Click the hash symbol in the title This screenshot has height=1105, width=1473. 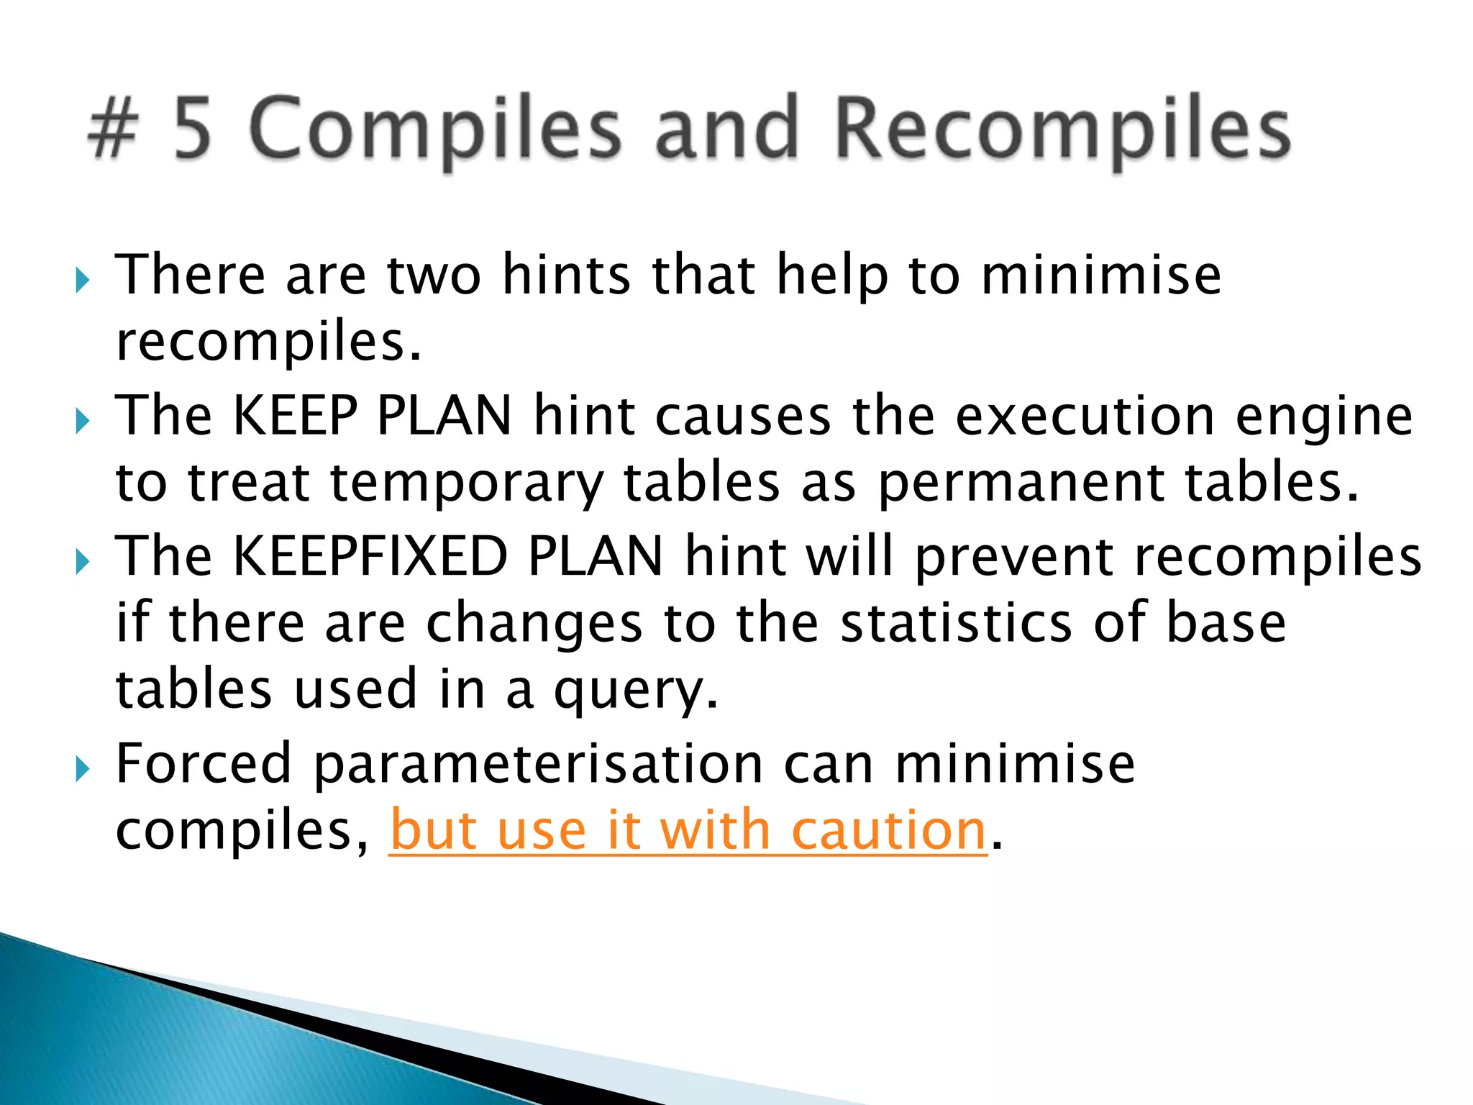tap(113, 129)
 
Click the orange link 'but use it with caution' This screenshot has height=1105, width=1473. tap(688, 831)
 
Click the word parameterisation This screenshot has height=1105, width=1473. tap(538, 764)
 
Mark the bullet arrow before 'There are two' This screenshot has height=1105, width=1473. tap(83, 278)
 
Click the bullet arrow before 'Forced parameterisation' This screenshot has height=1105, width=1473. tap(83, 769)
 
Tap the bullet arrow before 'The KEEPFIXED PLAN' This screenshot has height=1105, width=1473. tap(83, 560)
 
